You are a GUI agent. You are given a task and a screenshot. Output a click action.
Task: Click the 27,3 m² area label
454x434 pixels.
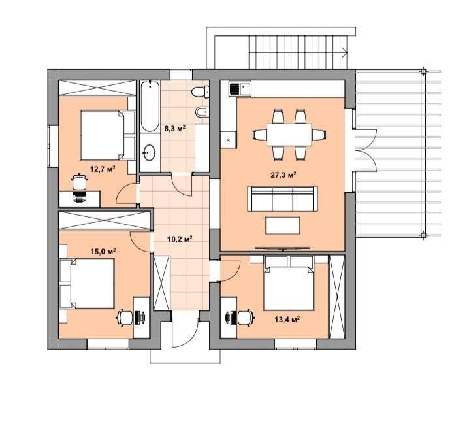click(x=283, y=175)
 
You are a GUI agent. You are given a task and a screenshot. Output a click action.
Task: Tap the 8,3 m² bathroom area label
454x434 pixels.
click(x=175, y=128)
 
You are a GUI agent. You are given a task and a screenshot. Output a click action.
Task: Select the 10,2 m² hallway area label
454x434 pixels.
click(x=180, y=239)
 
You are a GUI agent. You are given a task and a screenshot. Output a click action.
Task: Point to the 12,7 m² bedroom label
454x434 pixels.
click(x=103, y=169)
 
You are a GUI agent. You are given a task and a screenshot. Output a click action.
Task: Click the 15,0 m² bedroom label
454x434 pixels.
click(x=103, y=251)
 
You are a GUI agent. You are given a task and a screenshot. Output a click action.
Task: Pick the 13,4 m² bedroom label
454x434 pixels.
click(x=287, y=319)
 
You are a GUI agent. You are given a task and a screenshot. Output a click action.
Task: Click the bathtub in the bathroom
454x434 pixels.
click(x=150, y=107)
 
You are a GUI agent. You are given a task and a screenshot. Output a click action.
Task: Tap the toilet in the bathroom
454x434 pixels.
click(x=201, y=92)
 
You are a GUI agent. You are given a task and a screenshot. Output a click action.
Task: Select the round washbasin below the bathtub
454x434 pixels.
click(x=149, y=152)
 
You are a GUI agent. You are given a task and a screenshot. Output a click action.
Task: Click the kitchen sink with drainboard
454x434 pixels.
click(x=240, y=89)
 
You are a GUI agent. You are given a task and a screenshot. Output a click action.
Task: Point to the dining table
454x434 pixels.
click(x=289, y=135)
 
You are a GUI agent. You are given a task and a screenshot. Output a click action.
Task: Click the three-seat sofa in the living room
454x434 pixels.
click(x=282, y=199)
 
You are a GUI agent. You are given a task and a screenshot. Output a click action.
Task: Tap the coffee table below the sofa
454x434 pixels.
click(x=282, y=225)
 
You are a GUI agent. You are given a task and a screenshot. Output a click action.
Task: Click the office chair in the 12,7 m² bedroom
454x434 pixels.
click(x=79, y=182)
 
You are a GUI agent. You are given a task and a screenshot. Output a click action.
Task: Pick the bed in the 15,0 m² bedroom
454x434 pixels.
click(x=87, y=284)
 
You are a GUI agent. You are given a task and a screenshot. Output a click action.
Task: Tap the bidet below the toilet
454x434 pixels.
click(x=203, y=112)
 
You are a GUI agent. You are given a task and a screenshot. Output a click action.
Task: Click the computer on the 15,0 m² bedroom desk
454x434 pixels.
click(x=140, y=318)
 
